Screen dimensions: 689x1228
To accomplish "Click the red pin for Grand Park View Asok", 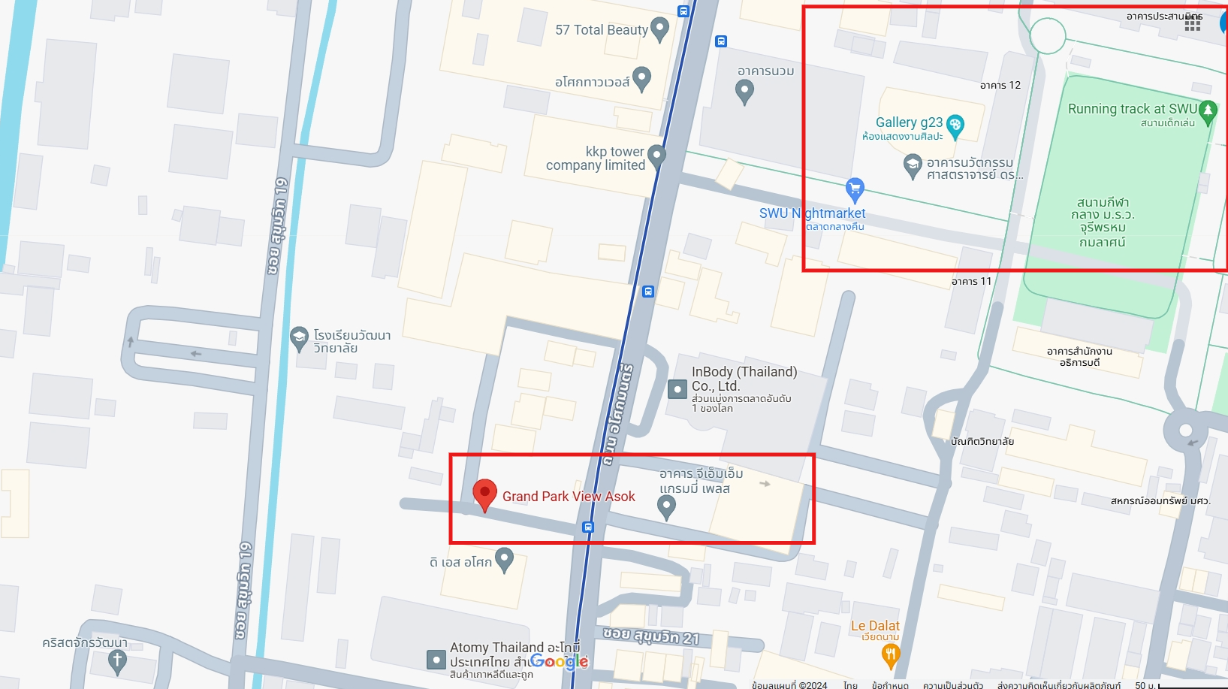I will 484,494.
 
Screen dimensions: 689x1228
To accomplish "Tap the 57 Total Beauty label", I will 601,30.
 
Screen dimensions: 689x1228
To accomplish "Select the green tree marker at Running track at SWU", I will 1208,111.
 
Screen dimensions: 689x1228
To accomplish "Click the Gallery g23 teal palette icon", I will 955,125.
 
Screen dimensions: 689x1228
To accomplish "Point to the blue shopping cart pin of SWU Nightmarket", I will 855,189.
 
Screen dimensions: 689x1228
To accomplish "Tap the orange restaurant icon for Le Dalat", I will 890,655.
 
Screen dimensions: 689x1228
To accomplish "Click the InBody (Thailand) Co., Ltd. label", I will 744,379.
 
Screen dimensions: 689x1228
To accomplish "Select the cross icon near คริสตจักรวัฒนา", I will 117,661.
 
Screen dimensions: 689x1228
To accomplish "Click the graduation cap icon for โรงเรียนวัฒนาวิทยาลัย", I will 299,337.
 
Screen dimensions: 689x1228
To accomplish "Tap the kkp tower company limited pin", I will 656,156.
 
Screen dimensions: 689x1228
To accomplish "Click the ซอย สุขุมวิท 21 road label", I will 650,636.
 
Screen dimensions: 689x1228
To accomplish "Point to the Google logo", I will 559,661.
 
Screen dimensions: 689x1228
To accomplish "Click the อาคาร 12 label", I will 1000,86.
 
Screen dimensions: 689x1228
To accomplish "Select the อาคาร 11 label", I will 971,282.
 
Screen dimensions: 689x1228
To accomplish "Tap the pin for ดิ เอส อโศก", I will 504,558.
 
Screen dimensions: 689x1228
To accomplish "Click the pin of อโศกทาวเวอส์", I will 641,77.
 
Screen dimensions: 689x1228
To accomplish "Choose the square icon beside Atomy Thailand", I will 436,660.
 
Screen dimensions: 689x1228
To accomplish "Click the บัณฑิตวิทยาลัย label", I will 982,442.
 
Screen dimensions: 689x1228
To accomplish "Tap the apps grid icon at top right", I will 1192,24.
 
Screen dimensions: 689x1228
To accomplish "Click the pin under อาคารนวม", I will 744,91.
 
